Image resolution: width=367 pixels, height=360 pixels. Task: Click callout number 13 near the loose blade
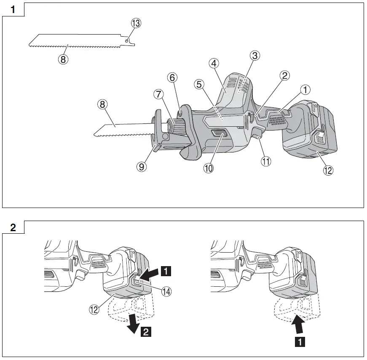(135, 24)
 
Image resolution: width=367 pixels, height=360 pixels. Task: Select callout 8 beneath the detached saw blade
(63, 59)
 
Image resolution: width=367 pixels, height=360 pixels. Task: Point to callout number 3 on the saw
(254, 55)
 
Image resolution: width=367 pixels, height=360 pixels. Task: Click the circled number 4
(214, 64)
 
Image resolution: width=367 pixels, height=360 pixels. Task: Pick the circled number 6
(172, 77)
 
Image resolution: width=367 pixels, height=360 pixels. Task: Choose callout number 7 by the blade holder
(158, 95)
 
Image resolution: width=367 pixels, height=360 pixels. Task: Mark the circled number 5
(199, 84)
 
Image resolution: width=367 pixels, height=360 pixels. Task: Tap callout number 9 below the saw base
(142, 167)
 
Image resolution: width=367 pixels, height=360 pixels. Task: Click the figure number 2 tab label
(13, 227)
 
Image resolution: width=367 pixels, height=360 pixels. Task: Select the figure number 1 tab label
(13, 10)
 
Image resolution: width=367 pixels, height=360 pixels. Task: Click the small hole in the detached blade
(127, 40)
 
